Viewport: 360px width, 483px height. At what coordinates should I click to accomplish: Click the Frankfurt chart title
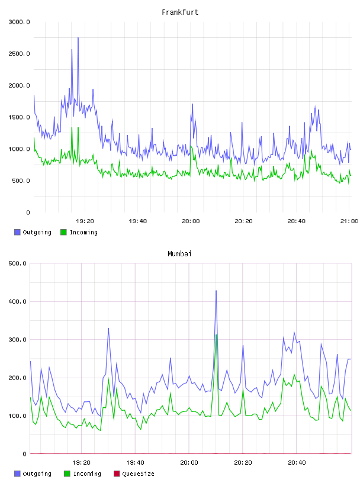pyautogui.click(x=180, y=12)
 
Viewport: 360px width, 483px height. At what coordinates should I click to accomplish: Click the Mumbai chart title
pyautogui.click(x=179, y=253)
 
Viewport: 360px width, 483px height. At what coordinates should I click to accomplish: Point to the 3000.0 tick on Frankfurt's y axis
pyautogui.click(x=19, y=22)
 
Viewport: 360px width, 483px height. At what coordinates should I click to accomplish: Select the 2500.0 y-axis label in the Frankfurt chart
pyautogui.click(x=19, y=54)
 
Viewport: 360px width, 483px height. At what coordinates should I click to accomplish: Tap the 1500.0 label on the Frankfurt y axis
pyautogui.click(x=19, y=117)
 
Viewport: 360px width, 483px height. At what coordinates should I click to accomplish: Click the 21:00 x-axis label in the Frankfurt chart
pyautogui.click(x=349, y=221)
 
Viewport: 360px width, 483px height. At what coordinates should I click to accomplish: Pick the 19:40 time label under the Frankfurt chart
pyautogui.click(x=138, y=221)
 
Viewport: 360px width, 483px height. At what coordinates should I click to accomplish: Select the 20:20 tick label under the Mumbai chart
pyautogui.click(x=243, y=462)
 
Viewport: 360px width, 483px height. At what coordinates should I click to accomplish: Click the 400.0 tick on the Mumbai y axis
pyautogui.click(x=18, y=301)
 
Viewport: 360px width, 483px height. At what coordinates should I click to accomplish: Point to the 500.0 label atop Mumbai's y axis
pyautogui.click(x=18, y=263)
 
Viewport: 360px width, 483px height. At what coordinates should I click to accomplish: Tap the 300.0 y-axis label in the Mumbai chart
pyautogui.click(x=18, y=339)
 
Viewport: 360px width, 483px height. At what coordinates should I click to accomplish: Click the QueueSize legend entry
pyautogui.click(x=138, y=474)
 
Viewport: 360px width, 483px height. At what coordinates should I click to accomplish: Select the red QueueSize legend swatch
pyautogui.click(x=117, y=474)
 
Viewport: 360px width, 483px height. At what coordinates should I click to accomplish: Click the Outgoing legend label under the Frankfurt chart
pyautogui.click(x=37, y=232)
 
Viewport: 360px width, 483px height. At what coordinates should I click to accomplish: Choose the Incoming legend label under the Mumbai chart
pyautogui.click(x=87, y=474)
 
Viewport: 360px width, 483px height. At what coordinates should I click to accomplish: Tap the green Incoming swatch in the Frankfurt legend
pyautogui.click(x=63, y=232)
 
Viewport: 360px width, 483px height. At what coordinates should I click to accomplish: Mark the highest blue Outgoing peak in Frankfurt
pyautogui.click(x=78, y=38)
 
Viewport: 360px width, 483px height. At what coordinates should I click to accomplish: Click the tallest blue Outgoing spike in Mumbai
pyautogui.click(x=216, y=291)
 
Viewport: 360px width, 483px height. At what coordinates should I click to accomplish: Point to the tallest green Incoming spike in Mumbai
pyautogui.click(x=216, y=335)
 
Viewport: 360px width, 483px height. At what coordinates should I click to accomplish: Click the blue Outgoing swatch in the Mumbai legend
pyautogui.click(x=17, y=474)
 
